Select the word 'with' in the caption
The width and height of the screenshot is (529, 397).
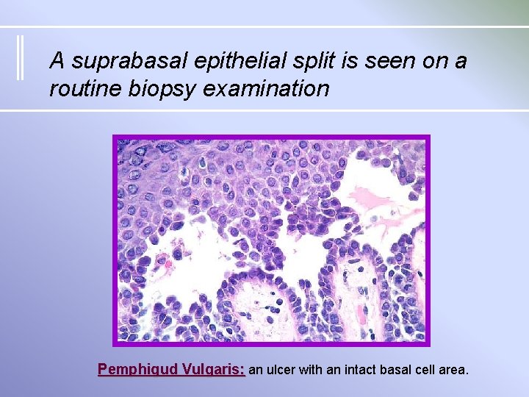click(312, 370)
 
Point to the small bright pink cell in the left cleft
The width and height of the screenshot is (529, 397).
click(168, 261)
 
